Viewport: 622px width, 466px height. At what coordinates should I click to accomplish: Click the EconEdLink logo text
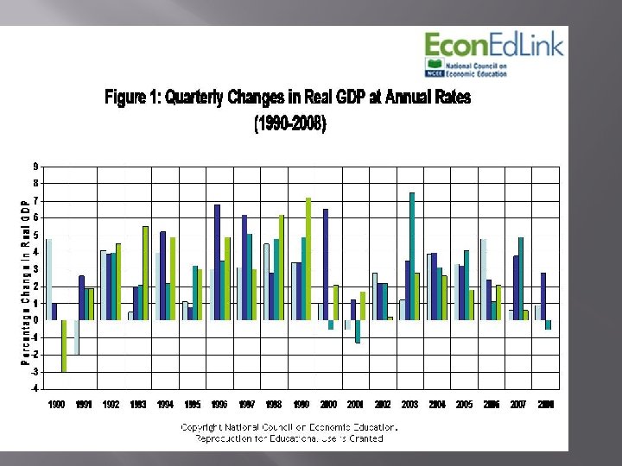pos(493,44)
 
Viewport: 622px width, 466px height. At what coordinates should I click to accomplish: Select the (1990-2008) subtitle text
pos(289,124)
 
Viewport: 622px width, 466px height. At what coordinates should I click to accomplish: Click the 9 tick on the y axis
pos(35,167)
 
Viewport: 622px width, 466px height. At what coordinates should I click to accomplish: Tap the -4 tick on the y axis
pos(34,388)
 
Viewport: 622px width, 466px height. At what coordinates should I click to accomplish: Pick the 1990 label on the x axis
pos(56,404)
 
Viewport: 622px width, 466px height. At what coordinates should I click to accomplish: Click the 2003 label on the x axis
pos(409,404)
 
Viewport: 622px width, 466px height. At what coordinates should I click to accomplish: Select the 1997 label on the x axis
pos(247,404)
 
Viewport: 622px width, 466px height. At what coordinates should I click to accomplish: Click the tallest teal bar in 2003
pos(412,256)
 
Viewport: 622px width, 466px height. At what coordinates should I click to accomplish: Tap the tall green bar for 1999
pos(308,259)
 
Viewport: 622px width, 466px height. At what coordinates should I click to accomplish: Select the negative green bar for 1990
pos(63,345)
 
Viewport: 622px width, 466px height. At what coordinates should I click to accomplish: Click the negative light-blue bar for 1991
pos(76,337)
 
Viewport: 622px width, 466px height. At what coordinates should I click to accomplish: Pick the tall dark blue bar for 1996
pos(217,262)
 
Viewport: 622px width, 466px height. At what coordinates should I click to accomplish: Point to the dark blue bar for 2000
pos(326,264)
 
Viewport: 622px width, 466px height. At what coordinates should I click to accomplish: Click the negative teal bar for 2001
pos(358,331)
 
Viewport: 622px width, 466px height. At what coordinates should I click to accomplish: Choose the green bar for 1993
pos(145,273)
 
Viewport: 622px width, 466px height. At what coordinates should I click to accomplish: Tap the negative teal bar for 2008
pos(548,324)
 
